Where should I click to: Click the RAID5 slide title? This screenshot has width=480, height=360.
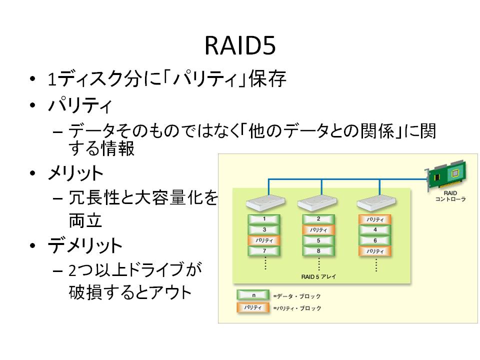click(x=240, y=45)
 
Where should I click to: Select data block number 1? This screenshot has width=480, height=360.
click(x=264, y=219)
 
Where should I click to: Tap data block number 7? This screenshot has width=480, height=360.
click(x=264, y=251)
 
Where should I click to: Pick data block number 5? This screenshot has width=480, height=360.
click(x=318, y=240)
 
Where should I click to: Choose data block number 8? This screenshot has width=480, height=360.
click(x=318, y=251)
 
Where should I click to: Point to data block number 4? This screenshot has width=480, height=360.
click(x=375, y=230)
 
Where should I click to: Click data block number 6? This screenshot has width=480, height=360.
click(x=375, y=240)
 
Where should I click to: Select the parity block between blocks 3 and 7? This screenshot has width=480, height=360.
click(x=264, y=240)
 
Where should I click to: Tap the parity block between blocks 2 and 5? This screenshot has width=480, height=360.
click(x=318, y=230)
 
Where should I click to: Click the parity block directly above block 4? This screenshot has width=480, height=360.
click(x=375, y=219)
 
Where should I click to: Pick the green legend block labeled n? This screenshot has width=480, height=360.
click(x=253, y=295)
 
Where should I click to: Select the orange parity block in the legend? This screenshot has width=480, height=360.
click(x=253, y=307)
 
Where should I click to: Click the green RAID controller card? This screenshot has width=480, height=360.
click(x=447, y=175)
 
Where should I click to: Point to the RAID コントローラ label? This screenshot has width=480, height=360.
click(x=450, y=196)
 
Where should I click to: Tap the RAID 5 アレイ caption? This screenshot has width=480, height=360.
click(x=318, y=276)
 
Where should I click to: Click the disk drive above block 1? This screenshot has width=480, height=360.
click(x=265, y=203)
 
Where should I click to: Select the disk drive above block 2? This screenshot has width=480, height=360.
click(x=317, y=203)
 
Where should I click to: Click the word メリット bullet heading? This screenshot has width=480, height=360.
click(x=75, y=173)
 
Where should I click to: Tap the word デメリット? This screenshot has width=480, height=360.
click(x=85, y=245)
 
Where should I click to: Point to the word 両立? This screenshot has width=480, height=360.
click(x=85, y=220)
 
